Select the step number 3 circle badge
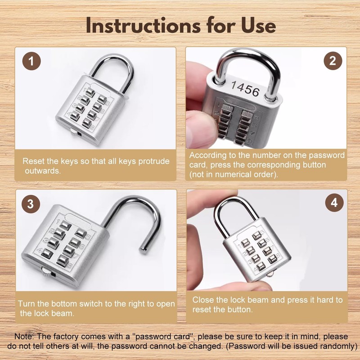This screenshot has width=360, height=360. tap(30, 203)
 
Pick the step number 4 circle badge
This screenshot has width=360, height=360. tap(333, 203)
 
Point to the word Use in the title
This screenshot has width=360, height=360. tap(258, 25)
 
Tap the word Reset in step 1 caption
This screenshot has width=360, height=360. tap(33, 161)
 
